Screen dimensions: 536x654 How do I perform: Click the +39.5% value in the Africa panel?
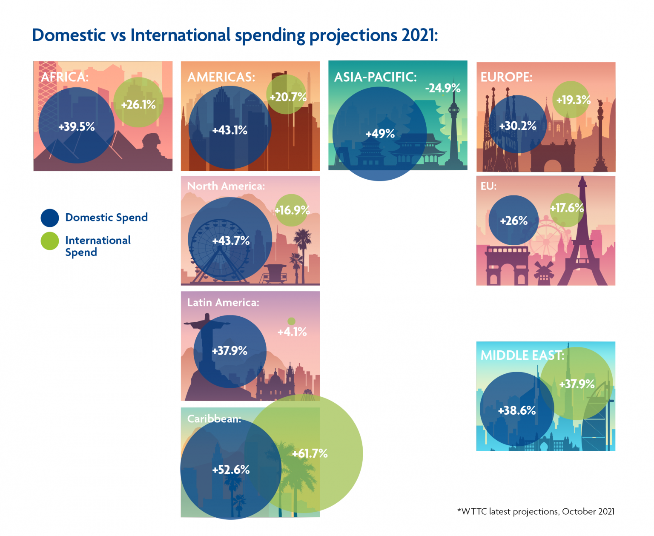tap(77, 126)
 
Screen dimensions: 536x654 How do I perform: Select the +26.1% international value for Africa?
tap(138, 104)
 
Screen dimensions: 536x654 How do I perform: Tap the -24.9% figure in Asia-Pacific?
tap(443, 88)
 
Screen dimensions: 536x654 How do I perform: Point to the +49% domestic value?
tap(380, 134)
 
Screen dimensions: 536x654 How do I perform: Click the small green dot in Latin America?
tap(291, 321)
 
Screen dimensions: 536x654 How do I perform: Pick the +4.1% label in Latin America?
tap(292, 332)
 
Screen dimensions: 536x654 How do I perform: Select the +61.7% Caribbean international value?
tap(310, 453)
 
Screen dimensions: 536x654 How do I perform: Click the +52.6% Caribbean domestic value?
tap(231, 470)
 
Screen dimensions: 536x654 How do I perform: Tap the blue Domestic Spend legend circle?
tap(50, 218)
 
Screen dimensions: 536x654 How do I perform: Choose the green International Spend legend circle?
tap(50, 241)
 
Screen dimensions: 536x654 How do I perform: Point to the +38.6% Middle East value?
tap(517, 410)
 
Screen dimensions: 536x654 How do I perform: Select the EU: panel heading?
tap(488, 186)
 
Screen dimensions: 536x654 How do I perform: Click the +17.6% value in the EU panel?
tap(567, 208)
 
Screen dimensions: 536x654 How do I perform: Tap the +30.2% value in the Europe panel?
tap(518, 126)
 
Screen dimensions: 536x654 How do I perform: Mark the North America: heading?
tap(226, 186)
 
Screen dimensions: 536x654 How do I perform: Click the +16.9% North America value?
tap(292, 210)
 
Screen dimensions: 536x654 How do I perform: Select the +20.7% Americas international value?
tap(288, 97)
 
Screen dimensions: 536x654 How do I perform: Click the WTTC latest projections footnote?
tap(536, 511)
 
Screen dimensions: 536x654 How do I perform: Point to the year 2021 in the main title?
tap(419, 35)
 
